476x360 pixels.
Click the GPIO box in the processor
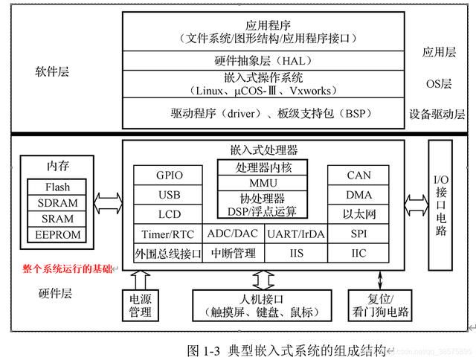[x=168, y=175]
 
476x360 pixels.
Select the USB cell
[x=168, y=195]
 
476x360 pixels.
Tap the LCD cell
[x=168, y=214]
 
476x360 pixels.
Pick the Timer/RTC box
[x=168, y=234]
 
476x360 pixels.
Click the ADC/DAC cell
[x=234, y=234]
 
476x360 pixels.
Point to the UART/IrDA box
[x=296, y=234]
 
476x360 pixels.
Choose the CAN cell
[x=358, y=175]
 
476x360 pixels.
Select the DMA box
[x=358, y=195]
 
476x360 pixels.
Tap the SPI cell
[x=358, y=234]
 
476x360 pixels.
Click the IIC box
[x=358, y=253]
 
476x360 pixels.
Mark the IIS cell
[x=296, y=253]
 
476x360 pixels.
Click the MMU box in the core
[x=263, y=183]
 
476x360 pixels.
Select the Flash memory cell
[x=57, y=187]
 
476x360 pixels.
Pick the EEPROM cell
[x=57, y=234]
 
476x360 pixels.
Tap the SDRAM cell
[x=57, y=203]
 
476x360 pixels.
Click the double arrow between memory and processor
[x=108, y=203]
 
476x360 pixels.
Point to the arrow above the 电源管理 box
[x=140, y=280]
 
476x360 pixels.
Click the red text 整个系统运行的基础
[x=67, y=269]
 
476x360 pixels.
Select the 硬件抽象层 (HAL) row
[x=263, y=61]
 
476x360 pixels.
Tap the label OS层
[x=439, y=84]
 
